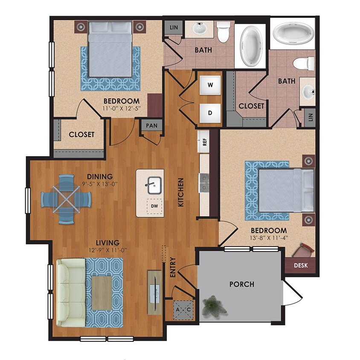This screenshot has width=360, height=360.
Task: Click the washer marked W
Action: tap(210, 84)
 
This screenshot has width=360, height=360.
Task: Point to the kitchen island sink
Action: tap(150, 185)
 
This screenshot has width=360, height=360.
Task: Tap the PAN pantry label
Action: tap(151, 125)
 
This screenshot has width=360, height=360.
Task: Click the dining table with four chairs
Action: tap(66, 199)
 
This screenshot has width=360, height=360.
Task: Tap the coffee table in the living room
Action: tap(102, 293)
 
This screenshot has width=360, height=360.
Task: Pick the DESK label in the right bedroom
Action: tap(303, 265)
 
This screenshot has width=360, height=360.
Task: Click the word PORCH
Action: tap(241, 284)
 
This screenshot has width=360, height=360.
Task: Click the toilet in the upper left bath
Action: tap(223, 32)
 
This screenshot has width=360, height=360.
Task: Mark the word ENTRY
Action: tap(173, 268)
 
